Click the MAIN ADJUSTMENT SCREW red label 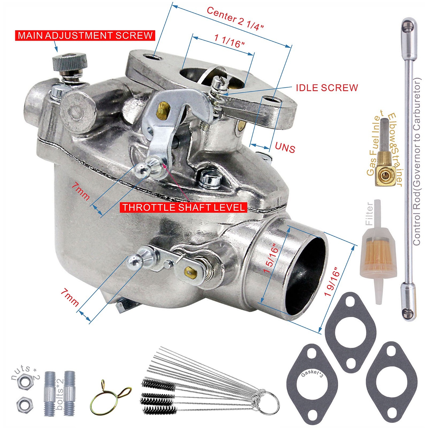[x=85, y=35]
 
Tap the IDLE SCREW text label [x=327, y=88]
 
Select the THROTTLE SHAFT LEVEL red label [x=184, y=208]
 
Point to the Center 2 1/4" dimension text [x=235, y=18]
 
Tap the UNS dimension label [x=285, y=148]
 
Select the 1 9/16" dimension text [x=332, y=281]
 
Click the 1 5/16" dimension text [x=271, y=258]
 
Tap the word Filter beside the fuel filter [x=369, y=213]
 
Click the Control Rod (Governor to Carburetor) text [x=417, y=162]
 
